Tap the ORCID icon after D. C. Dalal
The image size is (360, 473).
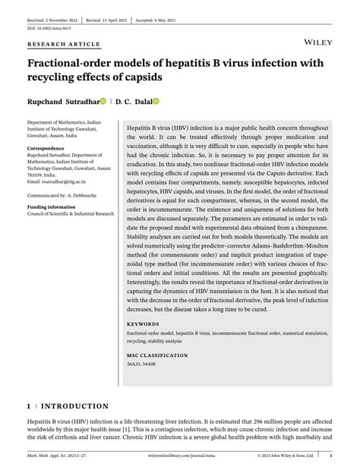click(156, 100)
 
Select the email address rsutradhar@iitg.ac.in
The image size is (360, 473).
click(65, 183)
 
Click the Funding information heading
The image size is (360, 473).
click(54, 207)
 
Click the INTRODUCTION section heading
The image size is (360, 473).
click(72, 406)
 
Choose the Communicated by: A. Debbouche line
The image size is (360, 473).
click(64, 195)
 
